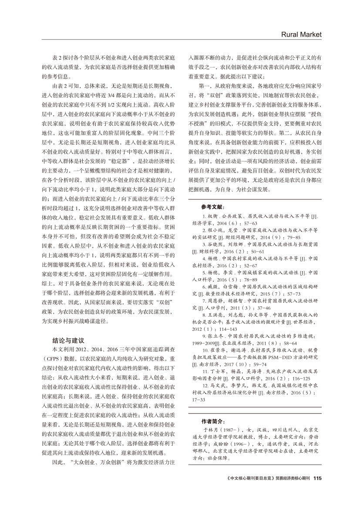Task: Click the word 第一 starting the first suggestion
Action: click(204, 83)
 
